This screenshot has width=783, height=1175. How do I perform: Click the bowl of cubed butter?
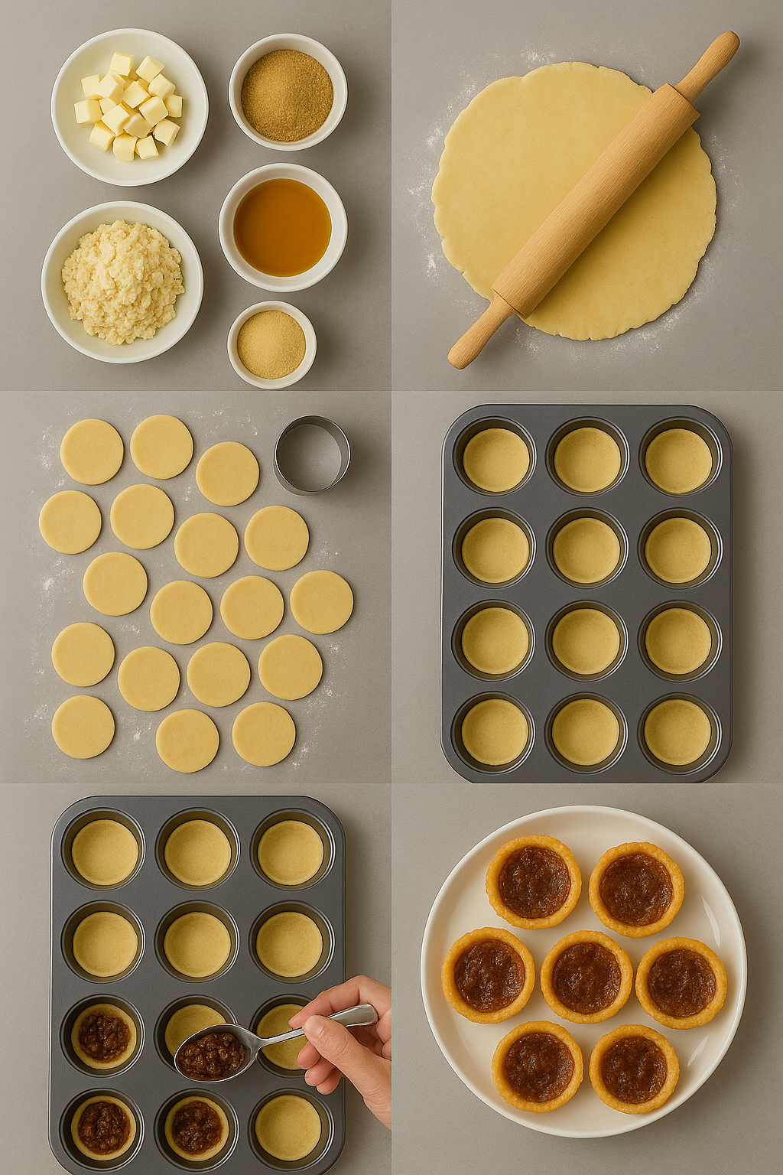tap(129, 107)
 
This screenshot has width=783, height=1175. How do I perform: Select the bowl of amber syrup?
tap(282, 227)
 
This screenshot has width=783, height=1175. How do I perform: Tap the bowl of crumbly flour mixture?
tap(122, 281)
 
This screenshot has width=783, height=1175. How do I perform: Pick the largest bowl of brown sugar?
tap(288, 93)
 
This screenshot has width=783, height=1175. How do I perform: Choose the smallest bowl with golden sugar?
tap(271, 344)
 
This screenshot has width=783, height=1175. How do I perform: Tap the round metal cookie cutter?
tap(312, 454)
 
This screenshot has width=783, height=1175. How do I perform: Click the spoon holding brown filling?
tap(213, 1054)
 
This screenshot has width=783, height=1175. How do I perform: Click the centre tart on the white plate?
tap(586, 977)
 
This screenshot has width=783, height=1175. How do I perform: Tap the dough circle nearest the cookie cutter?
tap(227, 474)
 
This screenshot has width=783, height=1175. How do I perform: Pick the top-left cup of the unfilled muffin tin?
tap(496, 459)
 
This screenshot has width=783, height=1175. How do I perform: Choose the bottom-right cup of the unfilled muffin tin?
tap(677, 731)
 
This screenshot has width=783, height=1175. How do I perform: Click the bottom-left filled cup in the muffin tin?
tap(103, 1126)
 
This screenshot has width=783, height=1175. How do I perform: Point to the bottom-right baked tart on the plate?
tap(634, 1068)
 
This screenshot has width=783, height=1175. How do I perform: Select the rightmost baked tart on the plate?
tap(681, 982)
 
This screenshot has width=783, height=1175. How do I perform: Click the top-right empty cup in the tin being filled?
tap(291, 851)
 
